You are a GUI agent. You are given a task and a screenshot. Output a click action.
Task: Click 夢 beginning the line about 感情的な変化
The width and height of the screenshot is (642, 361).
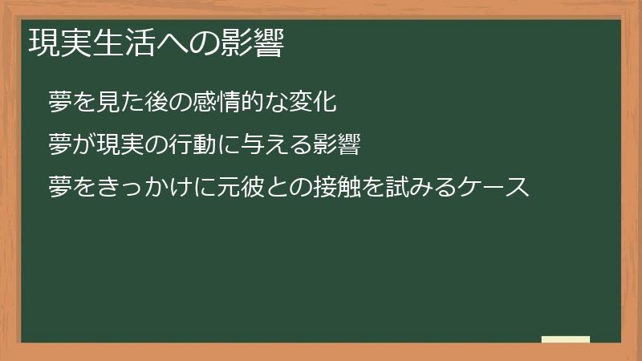click(60, 102)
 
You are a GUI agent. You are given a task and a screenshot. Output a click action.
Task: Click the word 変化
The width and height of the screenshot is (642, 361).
click(320, 102)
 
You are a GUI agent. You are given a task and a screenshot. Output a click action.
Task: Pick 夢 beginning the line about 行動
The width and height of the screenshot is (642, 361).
click(60, 144)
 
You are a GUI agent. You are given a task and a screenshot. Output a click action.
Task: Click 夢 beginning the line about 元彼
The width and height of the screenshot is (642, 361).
click(60, 188)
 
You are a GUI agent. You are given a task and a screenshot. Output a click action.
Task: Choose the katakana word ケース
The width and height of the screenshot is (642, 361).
click(494, 188)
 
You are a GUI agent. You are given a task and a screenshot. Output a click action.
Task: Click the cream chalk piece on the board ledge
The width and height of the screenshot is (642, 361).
click(565, 339)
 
